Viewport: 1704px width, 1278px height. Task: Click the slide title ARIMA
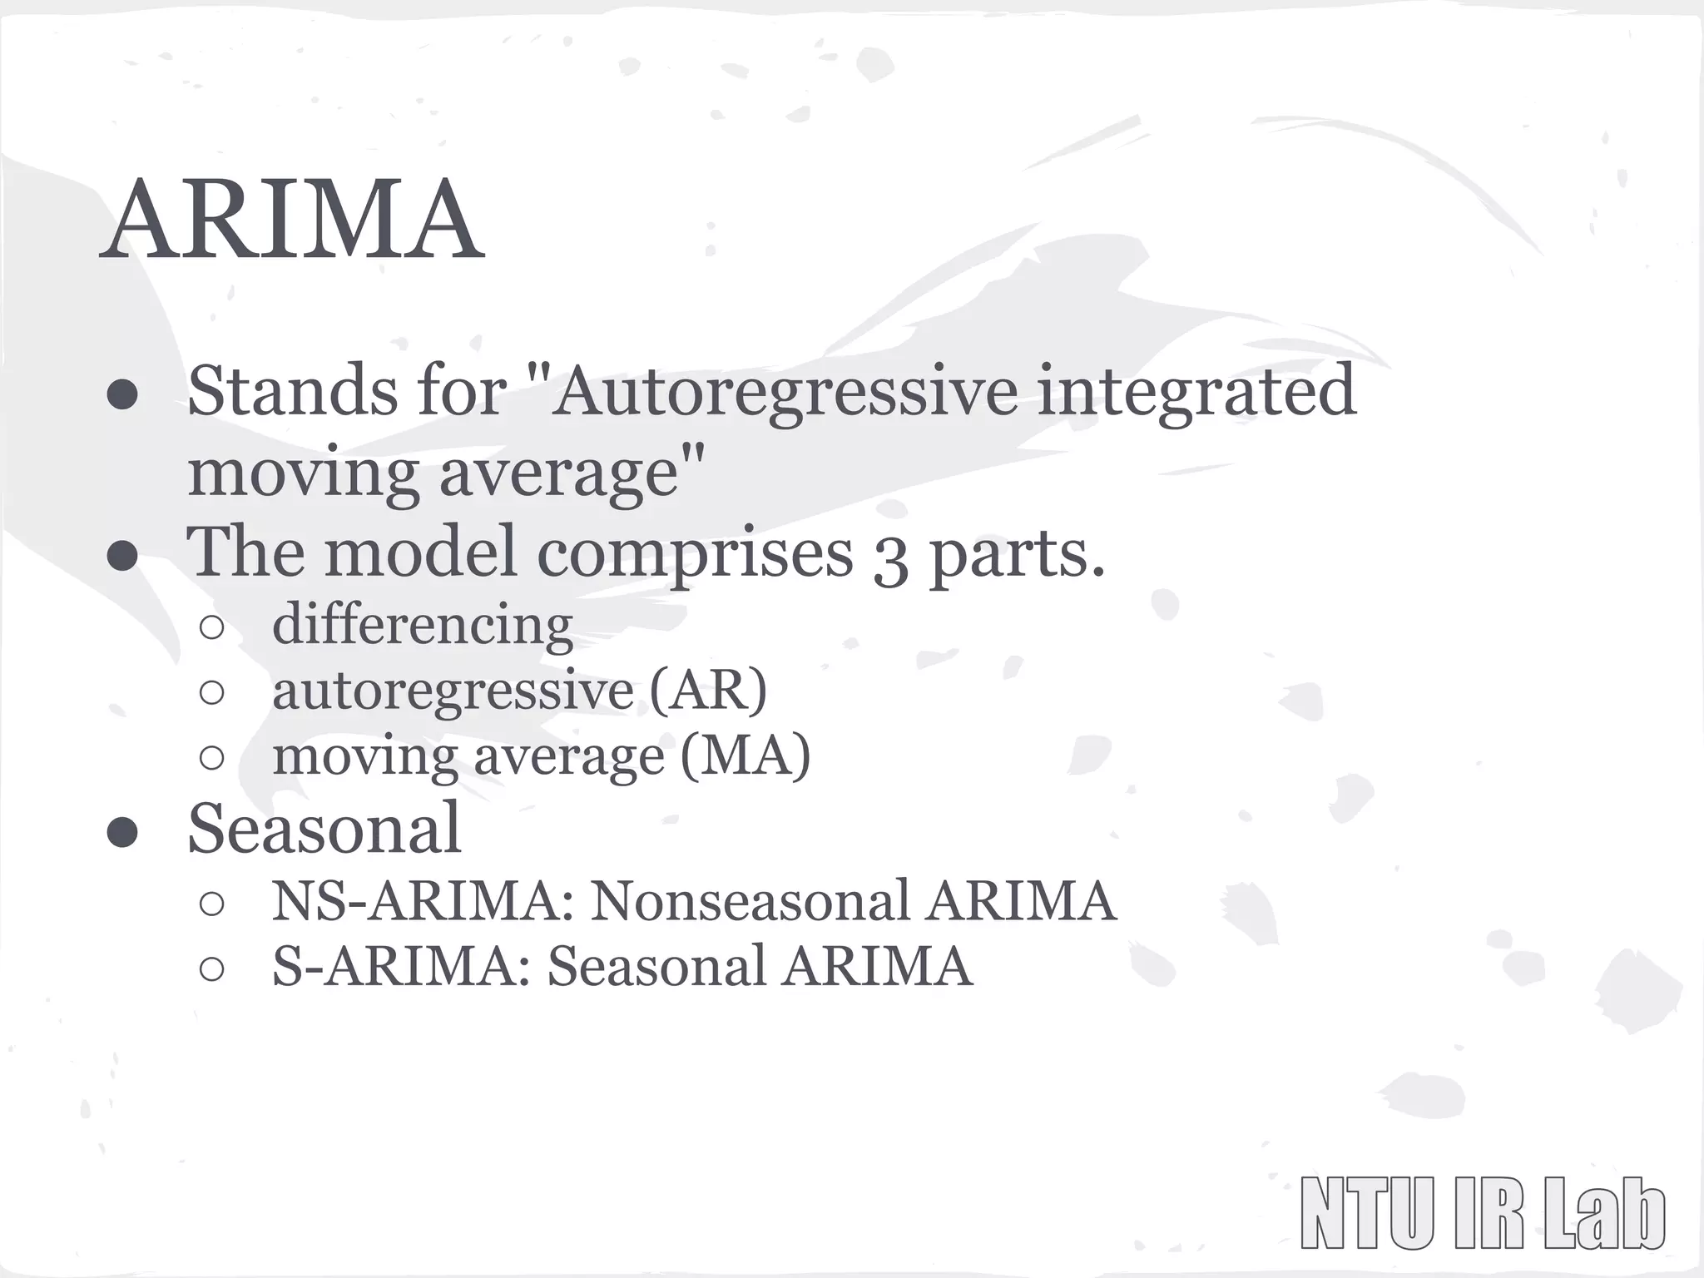[x=291, y=220]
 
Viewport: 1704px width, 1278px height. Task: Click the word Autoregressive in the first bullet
[x=782, y=391]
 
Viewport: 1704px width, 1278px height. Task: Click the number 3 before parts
[x=889, y=559]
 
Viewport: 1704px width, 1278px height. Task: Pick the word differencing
[x=423, y=626]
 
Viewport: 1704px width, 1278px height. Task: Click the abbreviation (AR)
[x=707, y=690]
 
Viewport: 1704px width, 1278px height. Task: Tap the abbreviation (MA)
[x=745, y=755]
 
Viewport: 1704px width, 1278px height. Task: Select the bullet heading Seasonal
[x=324, y=829]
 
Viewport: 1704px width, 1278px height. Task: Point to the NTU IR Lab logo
[x=1482, y=1213]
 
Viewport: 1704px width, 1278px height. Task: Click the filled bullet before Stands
[x=122, y=395]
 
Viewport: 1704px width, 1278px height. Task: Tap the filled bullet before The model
[x=122, y=557]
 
